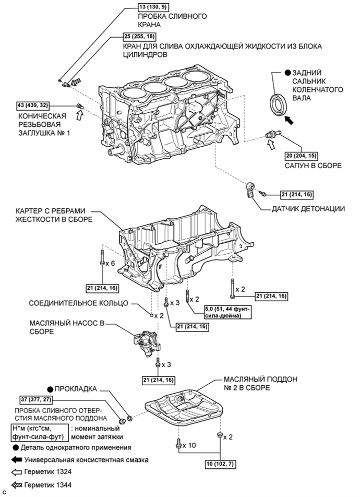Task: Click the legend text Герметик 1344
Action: [x=50, y=485]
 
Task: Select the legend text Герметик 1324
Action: [x=50, y=472]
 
